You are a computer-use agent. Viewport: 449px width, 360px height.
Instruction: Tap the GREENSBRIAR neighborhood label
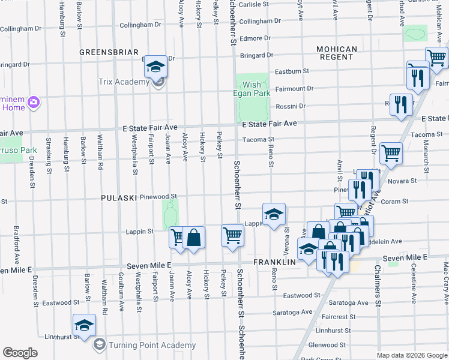point(109,53)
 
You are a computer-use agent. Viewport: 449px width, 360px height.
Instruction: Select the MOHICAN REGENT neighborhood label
point(337,53)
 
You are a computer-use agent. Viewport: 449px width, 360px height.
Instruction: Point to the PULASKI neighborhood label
point(119,197)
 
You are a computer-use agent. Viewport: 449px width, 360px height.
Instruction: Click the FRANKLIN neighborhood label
point(275,263)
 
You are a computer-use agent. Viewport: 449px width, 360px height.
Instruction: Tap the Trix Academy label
point(124,82)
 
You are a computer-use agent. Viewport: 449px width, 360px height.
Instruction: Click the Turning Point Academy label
point(152,345)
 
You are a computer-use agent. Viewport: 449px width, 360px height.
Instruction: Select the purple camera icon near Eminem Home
point(34,103)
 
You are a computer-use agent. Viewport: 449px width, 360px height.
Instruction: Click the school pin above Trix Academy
point(155,66)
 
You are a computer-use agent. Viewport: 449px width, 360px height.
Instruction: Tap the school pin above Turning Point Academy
point(83,326)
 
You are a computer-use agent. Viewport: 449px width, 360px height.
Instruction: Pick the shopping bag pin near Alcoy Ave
point(194,237)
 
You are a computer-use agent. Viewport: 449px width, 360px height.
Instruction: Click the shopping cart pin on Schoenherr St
point(232,235)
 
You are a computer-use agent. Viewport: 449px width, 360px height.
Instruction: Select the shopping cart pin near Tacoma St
point(391,152)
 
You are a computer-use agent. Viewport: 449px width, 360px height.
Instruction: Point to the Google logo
point(20,353)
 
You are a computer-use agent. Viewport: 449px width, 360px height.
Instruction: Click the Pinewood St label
point(158,196)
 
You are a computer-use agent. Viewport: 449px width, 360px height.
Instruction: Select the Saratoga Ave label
point(292,312)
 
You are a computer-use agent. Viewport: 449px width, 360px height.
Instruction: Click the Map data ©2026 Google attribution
point(412,355)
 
